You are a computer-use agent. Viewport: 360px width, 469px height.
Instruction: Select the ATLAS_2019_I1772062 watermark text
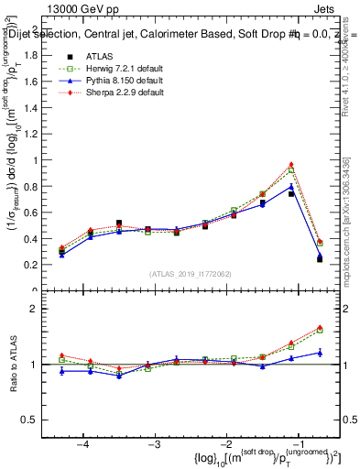(189, 273)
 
